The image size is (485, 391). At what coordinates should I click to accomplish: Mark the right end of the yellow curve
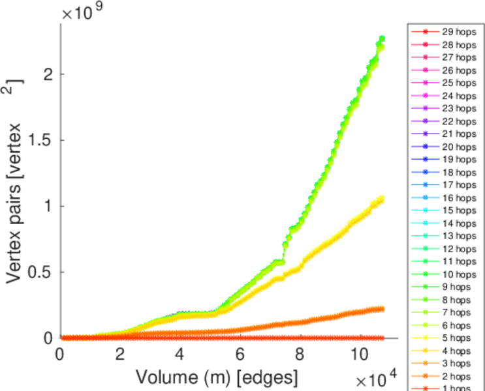pos(381,199)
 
